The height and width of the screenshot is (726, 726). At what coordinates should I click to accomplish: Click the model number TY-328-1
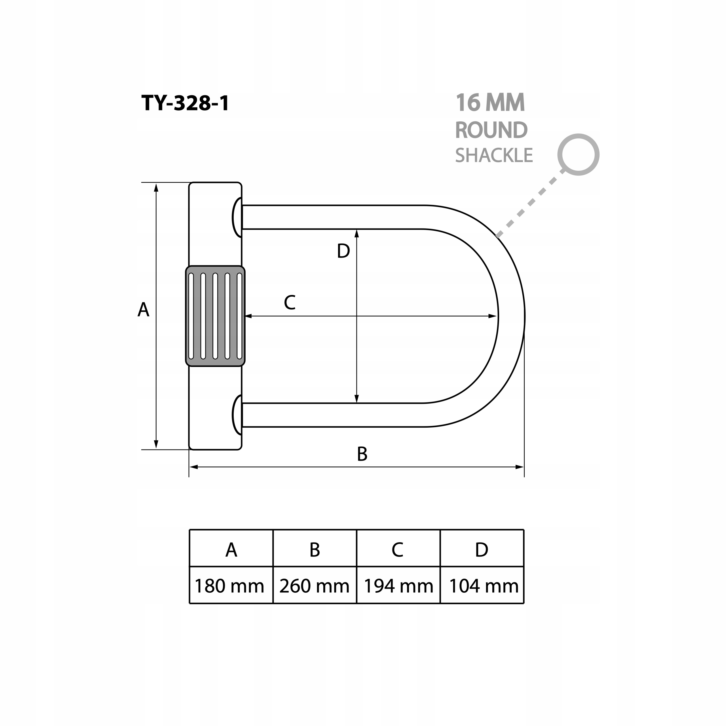[185, 103]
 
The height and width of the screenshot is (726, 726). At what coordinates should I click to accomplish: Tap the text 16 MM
[490, 103]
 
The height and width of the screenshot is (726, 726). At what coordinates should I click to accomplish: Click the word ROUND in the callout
[491, 130]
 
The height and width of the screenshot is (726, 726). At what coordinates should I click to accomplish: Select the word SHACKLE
[494, 155]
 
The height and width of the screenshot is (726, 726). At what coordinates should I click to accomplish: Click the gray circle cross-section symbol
[578, 155]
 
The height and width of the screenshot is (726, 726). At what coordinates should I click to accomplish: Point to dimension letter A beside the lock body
[143, 310]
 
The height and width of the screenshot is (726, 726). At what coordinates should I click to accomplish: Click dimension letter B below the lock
[362, 454]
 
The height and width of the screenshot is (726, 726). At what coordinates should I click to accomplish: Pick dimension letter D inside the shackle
[343, 251]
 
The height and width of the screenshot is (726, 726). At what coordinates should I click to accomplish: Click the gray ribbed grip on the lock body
[215, 316]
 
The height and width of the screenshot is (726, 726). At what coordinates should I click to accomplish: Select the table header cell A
[231, 550]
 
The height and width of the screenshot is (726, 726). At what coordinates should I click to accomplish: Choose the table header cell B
[315, 550]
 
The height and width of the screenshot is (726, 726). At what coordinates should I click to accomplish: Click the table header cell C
[398, 550]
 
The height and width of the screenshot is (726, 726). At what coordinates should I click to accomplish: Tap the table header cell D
[481, 550]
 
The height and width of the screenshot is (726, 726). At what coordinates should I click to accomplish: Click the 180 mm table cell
[230, 586]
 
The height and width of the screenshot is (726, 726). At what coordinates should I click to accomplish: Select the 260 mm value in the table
[315, 586]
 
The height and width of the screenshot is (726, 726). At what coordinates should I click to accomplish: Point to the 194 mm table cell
[398, 586]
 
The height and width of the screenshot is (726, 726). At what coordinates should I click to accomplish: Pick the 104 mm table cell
[484, 586]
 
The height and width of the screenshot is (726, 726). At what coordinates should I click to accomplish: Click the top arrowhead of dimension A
[156, 187]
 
